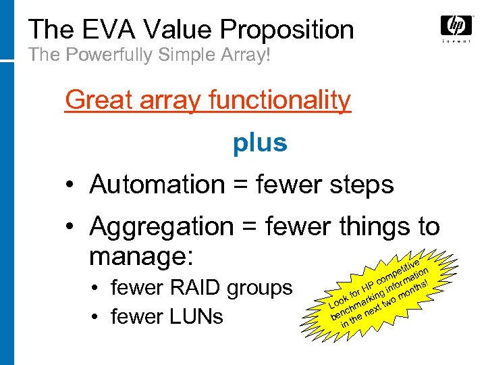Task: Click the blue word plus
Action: click(x=260, y=143)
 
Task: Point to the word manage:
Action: click(x=142, y=256)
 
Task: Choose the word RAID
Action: click(x=200, y=288)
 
